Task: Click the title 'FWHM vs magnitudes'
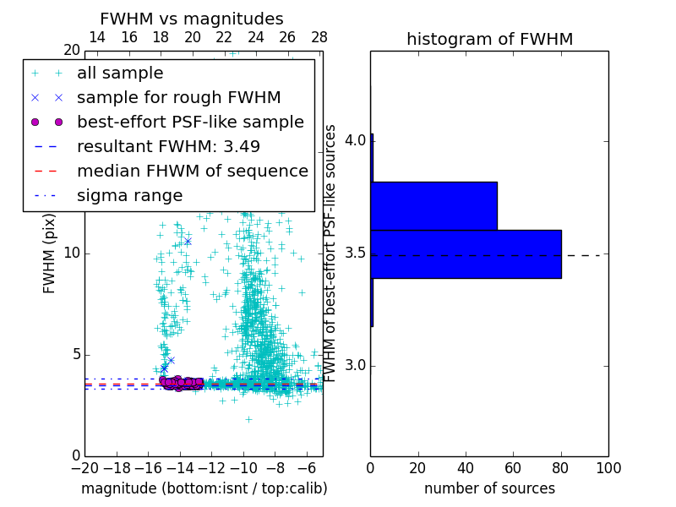coord(191,19)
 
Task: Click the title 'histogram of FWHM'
coord(489,40)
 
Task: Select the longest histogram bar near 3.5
coord(466,253)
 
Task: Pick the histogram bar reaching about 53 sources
coord(433,205)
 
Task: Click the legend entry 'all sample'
coord(120,74)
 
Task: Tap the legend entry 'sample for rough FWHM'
coord(178,98)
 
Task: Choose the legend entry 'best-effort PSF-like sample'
coord(190,123)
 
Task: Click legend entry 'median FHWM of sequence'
coord(192,172)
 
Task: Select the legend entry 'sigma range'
coord(129,196)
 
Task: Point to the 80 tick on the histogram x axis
coord(561,467)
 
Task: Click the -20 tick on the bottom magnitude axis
coord(84,467)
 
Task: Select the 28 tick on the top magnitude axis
coord(319,38)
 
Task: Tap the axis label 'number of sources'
coord(489,488)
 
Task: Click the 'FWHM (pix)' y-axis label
coord(50,253)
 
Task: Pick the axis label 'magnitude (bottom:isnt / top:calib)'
coord(204,488)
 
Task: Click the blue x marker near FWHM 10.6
coord(188,241)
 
